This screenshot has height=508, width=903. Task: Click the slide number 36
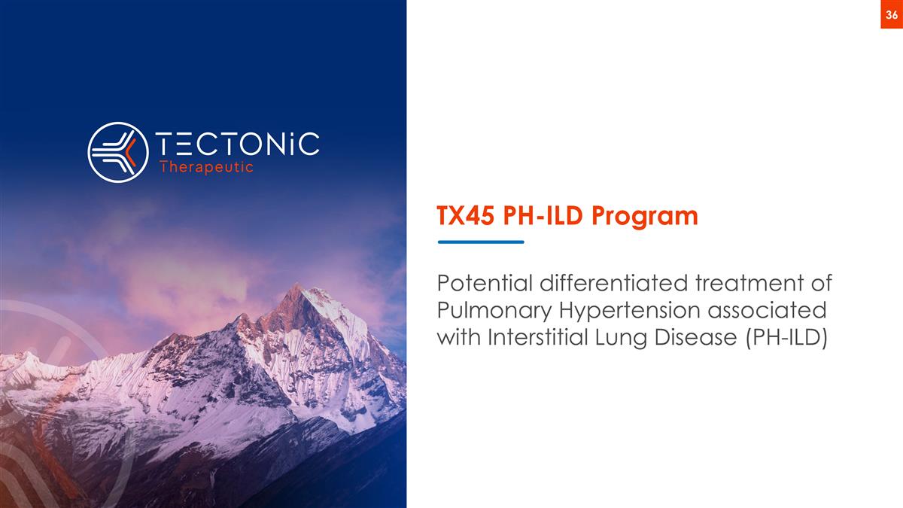(x=891, y=15)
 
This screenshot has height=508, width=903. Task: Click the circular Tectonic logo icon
(x=117, y=152)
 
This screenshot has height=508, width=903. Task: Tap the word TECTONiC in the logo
(x=236, y=144)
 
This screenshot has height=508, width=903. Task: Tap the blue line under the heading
(x=481, y=242)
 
